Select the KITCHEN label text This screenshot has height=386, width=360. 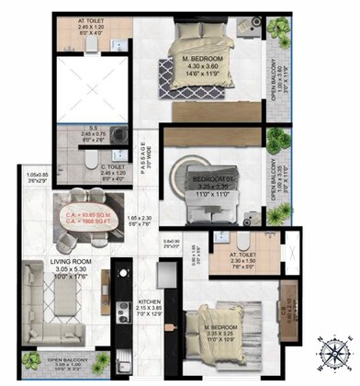click(151, 302)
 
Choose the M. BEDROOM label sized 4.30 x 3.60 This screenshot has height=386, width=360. click(208, 62)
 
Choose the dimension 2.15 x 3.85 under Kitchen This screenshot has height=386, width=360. click(151, 310)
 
